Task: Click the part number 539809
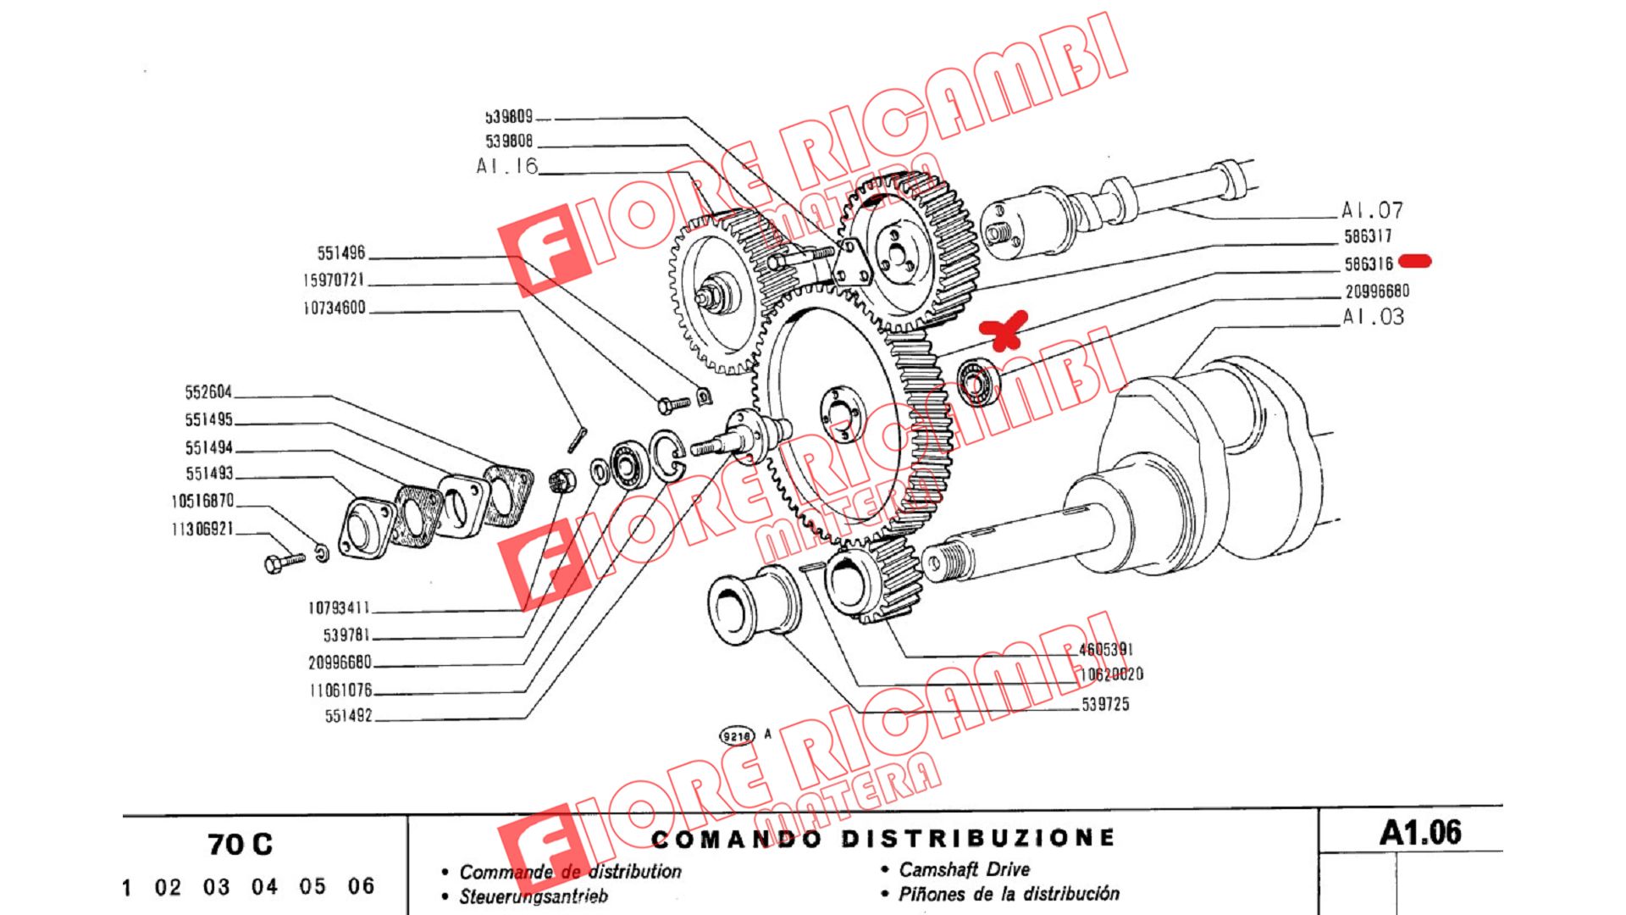click(x=509, y=117)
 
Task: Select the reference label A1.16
click(x=506, y=166)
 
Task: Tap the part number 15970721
click(x=334, y=280)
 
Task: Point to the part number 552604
click(x=208, y=392)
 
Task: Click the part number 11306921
click(x=202, y=530)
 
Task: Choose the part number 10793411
click(x=339, y=608)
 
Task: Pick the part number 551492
click(x=349, y=716)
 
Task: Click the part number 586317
click(x=1368, y=236)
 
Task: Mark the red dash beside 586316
click(x=1415, y=261)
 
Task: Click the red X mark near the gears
click(x=1004, y=330)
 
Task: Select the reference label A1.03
click(x=1373, y=317)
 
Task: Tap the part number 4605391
click(x=1105, y=650)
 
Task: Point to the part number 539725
click(x=1105, y=704)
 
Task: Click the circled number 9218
click(x=736, y=735)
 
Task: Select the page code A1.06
click(x=1420, y=833)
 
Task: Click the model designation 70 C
click(x=240, y=845)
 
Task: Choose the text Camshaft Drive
click(x=964, y=869)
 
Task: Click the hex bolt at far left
click(x=284, y=563)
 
